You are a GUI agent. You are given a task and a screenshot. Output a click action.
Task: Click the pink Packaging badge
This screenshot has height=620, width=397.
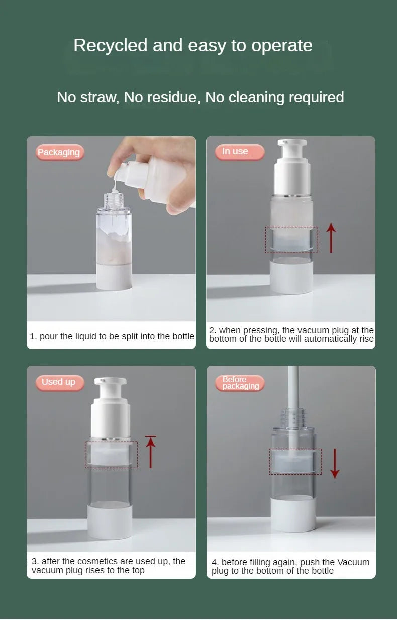(59, 152)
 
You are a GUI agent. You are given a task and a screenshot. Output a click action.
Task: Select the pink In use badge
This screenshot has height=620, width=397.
(238, 151)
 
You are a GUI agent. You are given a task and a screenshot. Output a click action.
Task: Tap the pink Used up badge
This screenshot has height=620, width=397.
(59, 382)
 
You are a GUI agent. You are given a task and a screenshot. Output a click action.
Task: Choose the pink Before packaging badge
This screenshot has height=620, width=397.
(240, 383)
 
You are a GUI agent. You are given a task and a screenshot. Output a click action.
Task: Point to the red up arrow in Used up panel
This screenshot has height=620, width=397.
(150, 452)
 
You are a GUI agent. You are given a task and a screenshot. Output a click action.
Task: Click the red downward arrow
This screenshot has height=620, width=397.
(335, 464)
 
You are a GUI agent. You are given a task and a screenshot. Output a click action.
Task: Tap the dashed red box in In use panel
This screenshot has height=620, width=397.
(291, 240)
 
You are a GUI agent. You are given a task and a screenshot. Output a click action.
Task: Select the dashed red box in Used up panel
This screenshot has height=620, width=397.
(111, 455)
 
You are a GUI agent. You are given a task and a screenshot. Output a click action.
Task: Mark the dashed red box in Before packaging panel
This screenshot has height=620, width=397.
(295, 462)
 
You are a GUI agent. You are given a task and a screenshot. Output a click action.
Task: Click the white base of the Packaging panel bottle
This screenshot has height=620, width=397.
(114, 278)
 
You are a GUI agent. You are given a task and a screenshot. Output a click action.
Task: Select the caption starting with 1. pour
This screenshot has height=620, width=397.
(112, 336)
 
